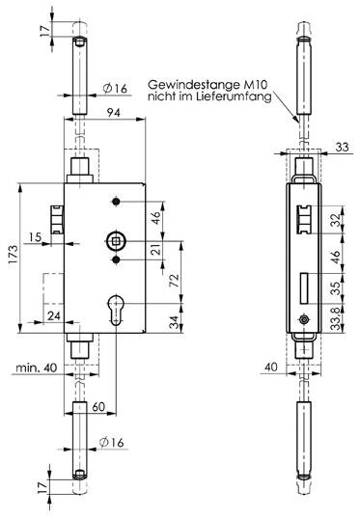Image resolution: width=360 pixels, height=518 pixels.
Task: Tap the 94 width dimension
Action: [x=114, y=113]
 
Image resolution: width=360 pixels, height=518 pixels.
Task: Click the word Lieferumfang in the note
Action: [x=235, y=96]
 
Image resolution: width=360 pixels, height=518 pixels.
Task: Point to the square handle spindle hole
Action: [x=116, y=241]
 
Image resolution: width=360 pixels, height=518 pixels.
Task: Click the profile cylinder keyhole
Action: [x=116, y=310]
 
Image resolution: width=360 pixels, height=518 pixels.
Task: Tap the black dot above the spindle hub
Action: [x=116, y=202]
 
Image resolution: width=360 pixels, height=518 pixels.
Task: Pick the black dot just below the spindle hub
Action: [x=116, y=260]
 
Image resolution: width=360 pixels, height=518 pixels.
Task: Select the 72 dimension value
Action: [x=175, y=281]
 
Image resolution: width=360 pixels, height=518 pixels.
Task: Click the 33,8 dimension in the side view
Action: [x=337, y=318]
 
